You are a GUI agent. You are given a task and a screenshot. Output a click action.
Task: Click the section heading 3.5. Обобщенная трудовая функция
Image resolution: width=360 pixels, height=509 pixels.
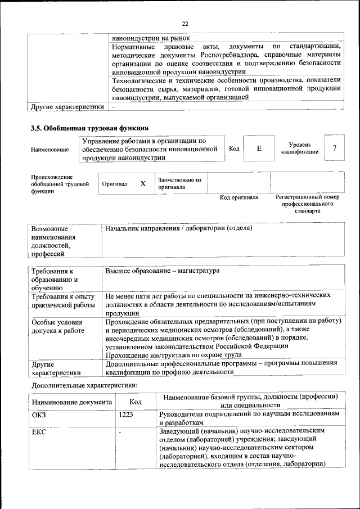[x=89, y=128]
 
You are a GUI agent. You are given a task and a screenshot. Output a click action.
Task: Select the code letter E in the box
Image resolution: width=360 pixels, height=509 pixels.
[x=259, y=148]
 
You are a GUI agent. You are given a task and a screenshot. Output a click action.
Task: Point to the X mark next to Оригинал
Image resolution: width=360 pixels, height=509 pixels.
[x=143, y=183]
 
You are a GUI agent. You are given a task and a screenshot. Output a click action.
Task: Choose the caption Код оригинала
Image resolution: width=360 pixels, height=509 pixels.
[x=238, y=198]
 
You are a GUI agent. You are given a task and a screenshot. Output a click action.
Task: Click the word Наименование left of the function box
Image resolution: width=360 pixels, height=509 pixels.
[x=50, y=150]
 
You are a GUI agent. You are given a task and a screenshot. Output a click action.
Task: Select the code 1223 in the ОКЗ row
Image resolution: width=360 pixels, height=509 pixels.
[x=127, y=415]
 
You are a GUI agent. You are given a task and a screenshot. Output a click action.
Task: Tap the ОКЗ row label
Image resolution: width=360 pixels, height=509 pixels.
[x=39, y=415]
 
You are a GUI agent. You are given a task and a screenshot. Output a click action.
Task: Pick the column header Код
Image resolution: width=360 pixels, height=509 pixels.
[x=136, y=402]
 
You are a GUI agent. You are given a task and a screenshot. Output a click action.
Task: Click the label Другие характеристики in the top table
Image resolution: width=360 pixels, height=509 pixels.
[x=67, y=106]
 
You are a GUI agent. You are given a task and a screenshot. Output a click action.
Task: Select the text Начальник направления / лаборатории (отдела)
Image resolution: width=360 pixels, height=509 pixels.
[x=178, y=228]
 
